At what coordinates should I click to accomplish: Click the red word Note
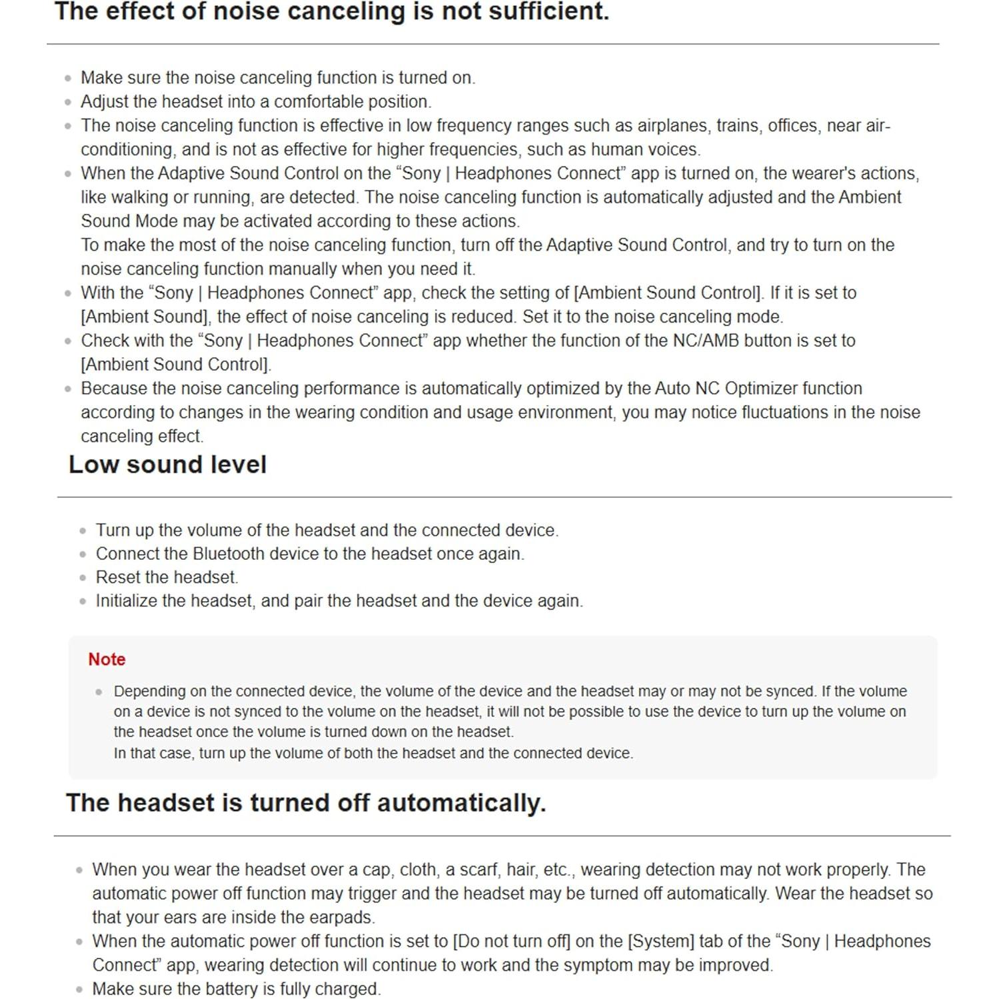(107, 659)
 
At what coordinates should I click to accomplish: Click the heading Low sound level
(167, 465)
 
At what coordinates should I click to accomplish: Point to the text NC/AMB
(706, 341)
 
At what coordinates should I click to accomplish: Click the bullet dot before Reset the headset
(83, 578)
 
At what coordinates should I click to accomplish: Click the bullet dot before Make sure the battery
(79, 990)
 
